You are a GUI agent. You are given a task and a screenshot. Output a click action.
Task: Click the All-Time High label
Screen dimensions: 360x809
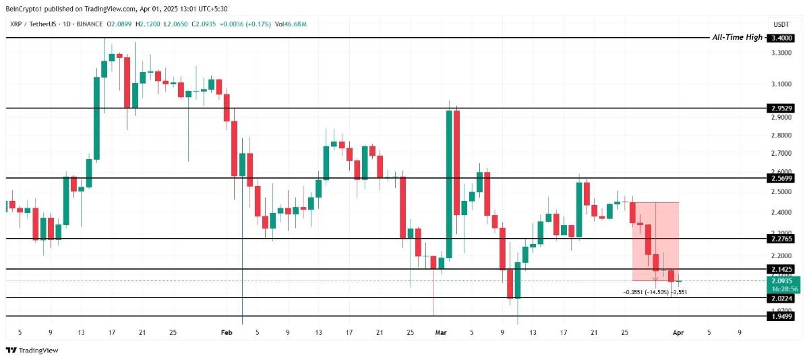737,37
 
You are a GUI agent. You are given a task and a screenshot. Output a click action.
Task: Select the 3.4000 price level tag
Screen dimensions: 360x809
781,38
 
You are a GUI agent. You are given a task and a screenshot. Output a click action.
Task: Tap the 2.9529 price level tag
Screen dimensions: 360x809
781,108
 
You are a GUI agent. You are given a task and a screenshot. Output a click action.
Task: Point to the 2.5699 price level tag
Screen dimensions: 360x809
781,179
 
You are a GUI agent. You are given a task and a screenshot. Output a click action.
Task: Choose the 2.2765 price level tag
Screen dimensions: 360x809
781,238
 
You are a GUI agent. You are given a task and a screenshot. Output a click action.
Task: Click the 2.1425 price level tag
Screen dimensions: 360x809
781,269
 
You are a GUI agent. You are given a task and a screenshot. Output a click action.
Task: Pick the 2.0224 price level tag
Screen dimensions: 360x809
781,298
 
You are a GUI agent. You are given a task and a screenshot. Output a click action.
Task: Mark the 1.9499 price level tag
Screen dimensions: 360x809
781,316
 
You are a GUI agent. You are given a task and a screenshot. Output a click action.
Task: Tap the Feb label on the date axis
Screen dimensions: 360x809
227,332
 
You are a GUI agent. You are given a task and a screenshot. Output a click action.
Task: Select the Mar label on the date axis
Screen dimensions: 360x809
441,332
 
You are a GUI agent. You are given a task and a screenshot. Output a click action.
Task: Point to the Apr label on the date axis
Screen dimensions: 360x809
678,332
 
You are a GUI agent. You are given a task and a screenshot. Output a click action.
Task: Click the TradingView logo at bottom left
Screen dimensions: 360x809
32,350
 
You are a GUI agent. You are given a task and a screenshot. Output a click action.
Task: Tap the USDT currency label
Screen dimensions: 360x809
781,24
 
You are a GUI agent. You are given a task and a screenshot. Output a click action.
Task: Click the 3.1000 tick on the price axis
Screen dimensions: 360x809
781,84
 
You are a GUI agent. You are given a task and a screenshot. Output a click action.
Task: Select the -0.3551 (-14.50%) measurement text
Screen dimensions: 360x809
645,292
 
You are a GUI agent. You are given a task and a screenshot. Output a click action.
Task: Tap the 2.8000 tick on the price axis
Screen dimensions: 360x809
781,136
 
